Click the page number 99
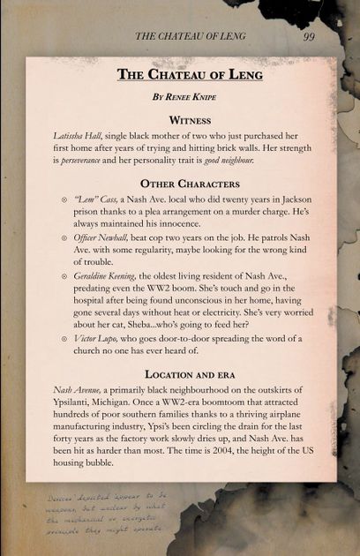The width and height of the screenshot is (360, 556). tap(309, 36)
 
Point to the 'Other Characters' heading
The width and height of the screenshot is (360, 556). tap(181, 184)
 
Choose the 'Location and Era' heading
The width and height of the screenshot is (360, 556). tap(181, 374)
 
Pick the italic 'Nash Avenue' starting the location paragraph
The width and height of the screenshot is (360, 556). tap(70, 392)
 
